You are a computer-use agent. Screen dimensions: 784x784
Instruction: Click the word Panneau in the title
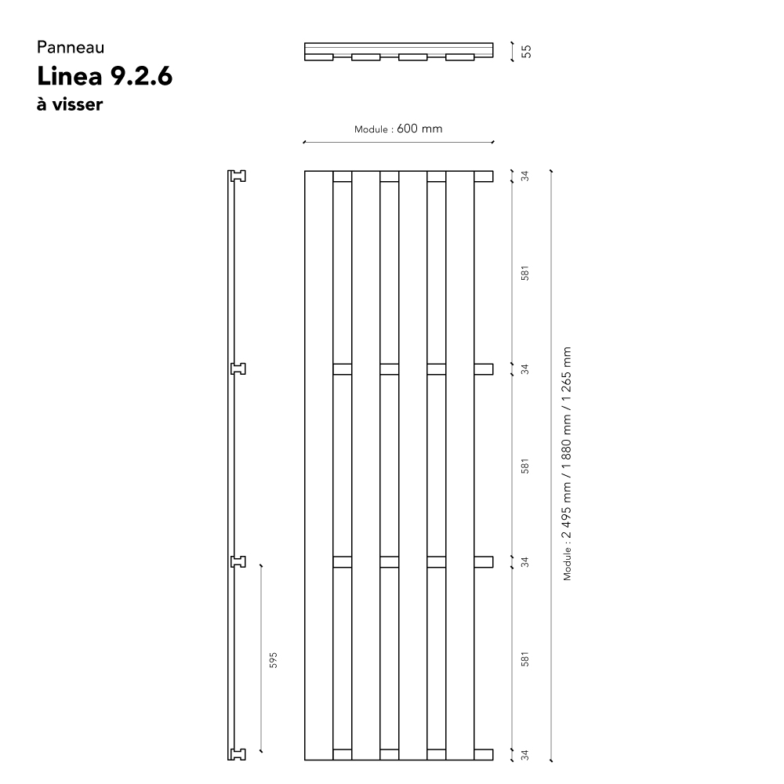click(x=71, y=48)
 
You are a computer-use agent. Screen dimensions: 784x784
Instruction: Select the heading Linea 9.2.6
click(x=104, y=76)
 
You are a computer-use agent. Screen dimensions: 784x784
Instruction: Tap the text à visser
click(x=70, y=104)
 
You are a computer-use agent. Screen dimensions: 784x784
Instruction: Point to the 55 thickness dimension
click(x=526, y=52)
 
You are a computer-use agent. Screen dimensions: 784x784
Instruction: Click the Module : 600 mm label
click(x=398, y=129)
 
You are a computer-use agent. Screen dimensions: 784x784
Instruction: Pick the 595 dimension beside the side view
click(x=273, y=660)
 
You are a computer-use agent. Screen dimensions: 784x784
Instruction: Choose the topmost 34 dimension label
click(x=524, y=176)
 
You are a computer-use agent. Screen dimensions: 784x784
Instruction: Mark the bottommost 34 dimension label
click(x=524, y=754)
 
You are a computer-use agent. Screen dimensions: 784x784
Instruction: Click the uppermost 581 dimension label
click(x=524, y=273)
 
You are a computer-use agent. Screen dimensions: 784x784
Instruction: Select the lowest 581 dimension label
click(x=524, y=659)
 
